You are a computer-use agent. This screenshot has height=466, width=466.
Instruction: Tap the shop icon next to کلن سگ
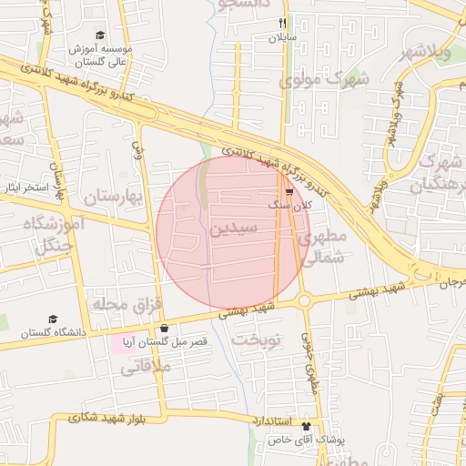click(x=289, y=192)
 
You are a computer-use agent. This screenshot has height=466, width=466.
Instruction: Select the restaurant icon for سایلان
click(x=283, y=23)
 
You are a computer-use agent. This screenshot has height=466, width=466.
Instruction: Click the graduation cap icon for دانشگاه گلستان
click(x=53, y=319)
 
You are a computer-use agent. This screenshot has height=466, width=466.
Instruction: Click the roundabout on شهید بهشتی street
click(x=305, y=299)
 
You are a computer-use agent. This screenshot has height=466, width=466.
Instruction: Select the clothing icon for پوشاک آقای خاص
click(x=306, y=425)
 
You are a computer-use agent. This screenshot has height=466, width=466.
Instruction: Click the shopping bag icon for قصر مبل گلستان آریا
click(x=164, y=329)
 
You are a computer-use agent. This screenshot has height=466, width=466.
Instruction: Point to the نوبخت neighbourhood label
click(x=258, y=339)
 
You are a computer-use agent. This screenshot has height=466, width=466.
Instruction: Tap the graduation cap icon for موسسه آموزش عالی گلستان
click(x=100, y=35)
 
